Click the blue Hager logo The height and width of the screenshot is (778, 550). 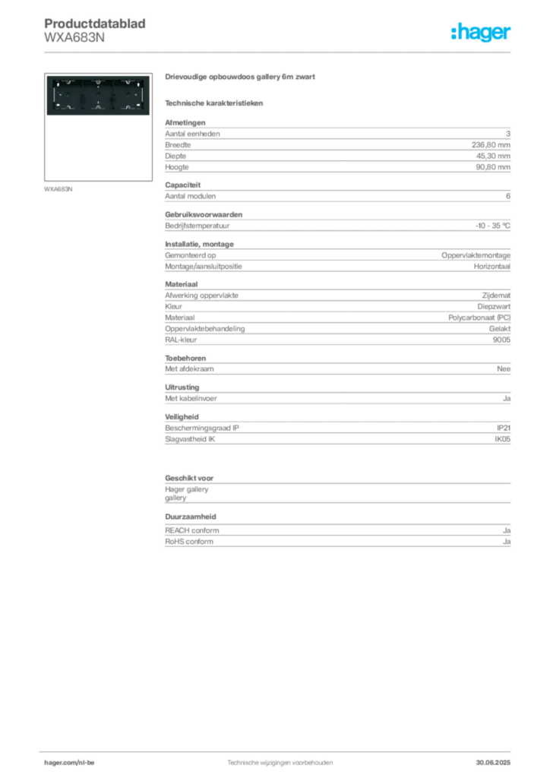[x=482, y=33]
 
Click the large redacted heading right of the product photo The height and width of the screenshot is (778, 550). [x=239, y=78]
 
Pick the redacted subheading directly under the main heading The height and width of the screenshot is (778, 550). [x=216, y=103]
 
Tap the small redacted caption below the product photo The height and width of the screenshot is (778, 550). [x=60, y=188]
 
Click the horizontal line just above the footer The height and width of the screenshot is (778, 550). [x=280, y=750]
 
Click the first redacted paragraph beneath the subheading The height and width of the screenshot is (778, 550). [x=337, y=138]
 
